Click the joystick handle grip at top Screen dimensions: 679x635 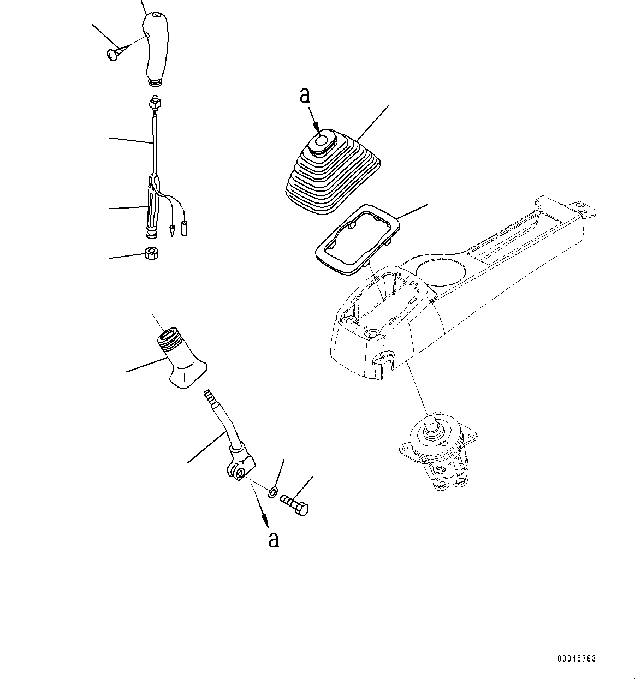coord(155,46)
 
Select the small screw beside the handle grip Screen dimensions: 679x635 coord(113,54)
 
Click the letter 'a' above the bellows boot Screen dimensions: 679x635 coord(305,95)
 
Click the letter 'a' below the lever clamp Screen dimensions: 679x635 coord(273,539)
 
